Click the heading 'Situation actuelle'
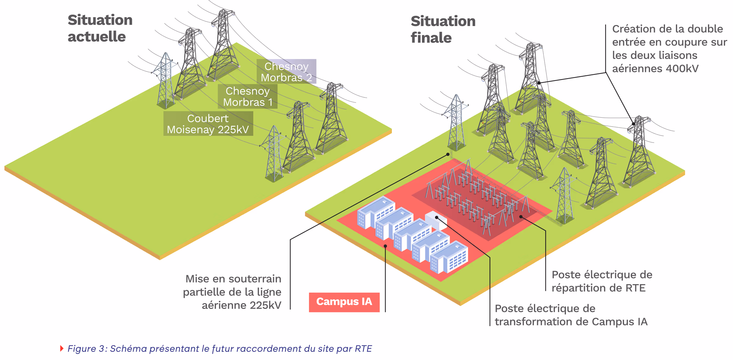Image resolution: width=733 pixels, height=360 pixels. point(100,28)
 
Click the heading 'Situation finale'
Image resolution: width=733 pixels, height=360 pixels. point(443,29)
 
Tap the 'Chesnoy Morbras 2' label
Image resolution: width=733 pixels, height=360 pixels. point(286,72)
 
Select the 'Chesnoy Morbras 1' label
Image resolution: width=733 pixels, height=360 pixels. point(248,97)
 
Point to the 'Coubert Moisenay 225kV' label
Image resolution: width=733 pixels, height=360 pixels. point(208,124)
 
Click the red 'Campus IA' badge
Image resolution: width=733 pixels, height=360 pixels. point(344,302)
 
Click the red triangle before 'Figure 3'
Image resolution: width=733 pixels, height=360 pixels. point(62,348)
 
